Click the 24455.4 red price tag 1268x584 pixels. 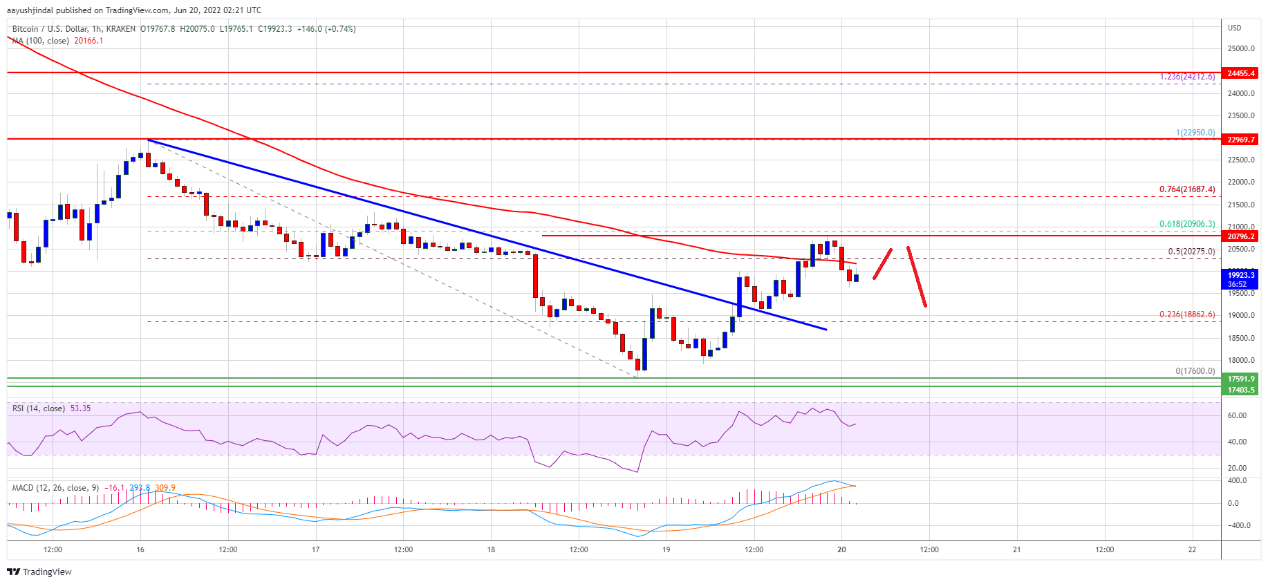point(1240,73)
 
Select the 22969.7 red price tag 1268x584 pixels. point(1240,140)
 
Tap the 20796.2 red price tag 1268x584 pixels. point(1240,236)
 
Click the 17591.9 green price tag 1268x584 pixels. point(1240,379)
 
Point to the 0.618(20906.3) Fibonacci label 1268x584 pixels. point(1186,224)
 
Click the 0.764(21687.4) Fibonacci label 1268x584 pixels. point(1186,189)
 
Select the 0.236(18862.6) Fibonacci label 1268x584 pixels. point(1186,314)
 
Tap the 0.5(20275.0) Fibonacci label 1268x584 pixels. point(1191,252)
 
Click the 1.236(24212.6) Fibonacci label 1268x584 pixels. point(1186,77)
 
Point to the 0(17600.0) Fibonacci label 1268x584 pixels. point(1195,371)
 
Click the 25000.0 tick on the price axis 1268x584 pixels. point(1240,49)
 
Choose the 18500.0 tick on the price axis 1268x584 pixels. point(1240,338)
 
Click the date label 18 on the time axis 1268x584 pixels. point(491,550)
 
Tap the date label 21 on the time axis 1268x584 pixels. point(1016,550)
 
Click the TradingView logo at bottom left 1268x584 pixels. point(39,572)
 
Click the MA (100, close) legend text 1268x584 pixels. point(40,41)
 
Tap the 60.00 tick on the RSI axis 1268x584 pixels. point(1237,416)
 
